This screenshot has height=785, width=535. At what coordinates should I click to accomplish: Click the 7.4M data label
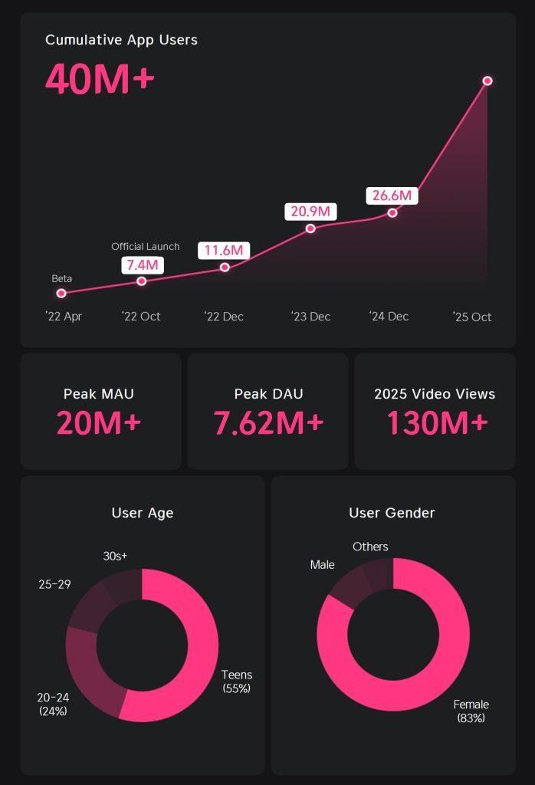(143, 265)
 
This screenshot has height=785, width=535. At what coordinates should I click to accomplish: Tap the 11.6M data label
(224, 250)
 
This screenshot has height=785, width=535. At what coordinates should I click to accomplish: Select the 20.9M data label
(310, 211)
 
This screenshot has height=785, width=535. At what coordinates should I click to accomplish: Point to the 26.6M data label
(392, 195)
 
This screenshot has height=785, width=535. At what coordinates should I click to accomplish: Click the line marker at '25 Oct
(487, 80)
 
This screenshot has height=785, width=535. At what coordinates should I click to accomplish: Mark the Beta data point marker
(61, 293)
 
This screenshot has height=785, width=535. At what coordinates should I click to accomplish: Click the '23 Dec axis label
(310, 317)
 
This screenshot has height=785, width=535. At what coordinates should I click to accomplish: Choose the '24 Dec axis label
(389, 317)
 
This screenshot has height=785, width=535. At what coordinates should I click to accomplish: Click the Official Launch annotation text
(146, 247)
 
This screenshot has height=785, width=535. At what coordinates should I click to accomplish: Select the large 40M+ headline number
(100, 79)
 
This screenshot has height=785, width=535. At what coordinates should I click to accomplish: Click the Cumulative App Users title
(121, 40)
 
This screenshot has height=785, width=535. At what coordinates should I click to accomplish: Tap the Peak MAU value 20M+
(100, 423)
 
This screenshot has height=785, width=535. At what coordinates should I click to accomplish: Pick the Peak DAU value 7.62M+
(268, 423)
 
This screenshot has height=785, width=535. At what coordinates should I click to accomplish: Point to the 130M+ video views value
(436, 423)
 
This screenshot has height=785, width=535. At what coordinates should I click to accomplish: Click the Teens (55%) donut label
(237, 682)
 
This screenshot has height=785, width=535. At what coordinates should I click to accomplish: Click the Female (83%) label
(471, 711)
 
